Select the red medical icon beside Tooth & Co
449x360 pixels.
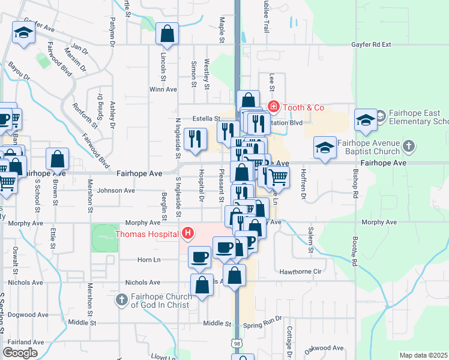click(x=274, y=107)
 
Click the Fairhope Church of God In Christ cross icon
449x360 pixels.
click(x=122, y=298)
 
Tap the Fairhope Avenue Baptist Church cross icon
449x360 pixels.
click(x=408, y=146)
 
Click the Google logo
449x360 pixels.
click(x=20, y=353)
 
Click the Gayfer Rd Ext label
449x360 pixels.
click(x=370, y=44)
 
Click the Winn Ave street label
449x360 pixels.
click(x=163, y=89)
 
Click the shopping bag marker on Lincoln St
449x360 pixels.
click(x=167, y=35)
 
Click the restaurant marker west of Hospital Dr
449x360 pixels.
click(x=195, y=139)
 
